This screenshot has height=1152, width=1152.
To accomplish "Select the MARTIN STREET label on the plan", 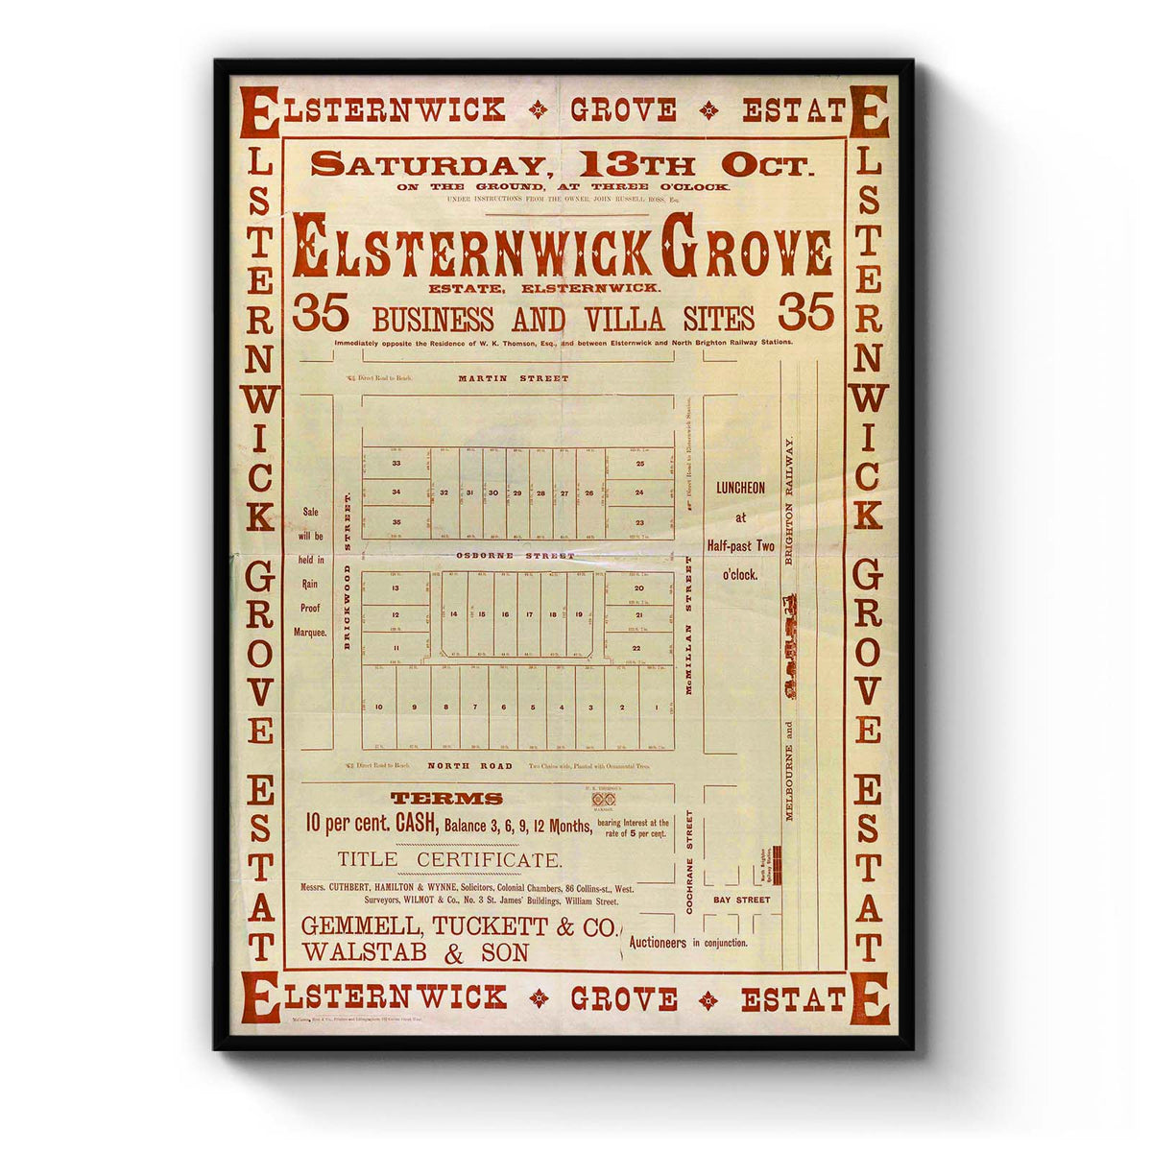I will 513,378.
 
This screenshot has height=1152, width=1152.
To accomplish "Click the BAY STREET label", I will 741,900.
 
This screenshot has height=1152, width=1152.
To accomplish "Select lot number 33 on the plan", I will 396,464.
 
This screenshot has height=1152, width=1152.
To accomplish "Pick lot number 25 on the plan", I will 640,464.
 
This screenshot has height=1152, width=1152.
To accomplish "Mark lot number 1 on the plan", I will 656,708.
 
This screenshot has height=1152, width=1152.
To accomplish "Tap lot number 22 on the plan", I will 636,649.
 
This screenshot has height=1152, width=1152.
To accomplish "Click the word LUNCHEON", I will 739,488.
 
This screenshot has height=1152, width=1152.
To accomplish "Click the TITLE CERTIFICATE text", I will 449,860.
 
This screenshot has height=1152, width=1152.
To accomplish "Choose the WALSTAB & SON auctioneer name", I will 415,953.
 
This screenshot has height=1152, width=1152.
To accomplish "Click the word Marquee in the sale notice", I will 311,632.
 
